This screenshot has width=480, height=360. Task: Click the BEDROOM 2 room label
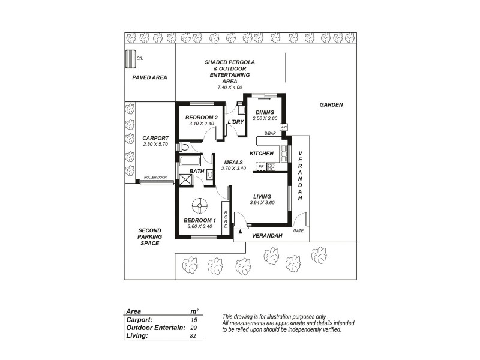click(x=201, y=117)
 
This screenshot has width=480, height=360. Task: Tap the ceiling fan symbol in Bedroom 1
click(x=199, y=206)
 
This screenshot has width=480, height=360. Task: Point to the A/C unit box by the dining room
click(x=284, y=127)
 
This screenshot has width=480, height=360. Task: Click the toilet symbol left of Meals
click(x=184, y=147)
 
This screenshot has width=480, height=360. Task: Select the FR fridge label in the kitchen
click(x=261, y=166)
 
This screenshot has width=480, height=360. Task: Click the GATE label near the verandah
click(x=298, y=230)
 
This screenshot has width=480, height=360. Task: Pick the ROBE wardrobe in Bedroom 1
click(x=226, y=219)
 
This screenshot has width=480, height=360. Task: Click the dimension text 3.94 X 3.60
click(x=262, y=203)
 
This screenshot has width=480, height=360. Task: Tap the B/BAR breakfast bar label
click(x=269, y=133)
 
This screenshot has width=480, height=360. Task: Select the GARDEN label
click(x=331, y=104)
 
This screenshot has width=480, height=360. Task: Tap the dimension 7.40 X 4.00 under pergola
click(x=230, y=88)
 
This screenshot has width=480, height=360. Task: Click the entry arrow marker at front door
click(x=241, y=231)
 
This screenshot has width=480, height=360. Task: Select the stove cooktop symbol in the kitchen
click(x=271, y=167)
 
